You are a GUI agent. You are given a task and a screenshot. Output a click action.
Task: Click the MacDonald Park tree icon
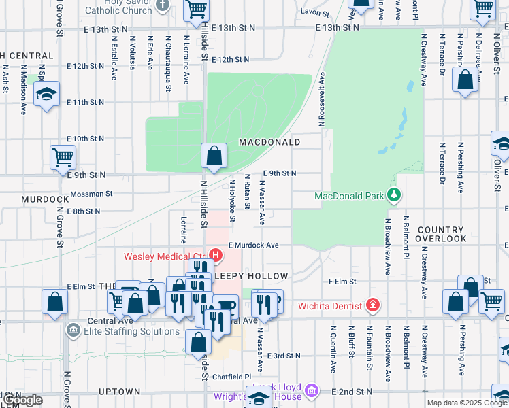[393, 196]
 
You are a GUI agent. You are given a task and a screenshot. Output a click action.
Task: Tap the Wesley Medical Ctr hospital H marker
[216, 256]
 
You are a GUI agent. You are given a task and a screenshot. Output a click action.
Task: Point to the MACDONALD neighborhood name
[269, 142]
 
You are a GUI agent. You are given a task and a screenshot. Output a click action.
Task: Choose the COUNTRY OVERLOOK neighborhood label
[442, 235]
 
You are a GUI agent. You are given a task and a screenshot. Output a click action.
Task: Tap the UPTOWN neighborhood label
[119, 392]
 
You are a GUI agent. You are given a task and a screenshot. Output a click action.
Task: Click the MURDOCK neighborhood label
[45, 199]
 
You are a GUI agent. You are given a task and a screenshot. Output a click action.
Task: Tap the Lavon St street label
[316, 13]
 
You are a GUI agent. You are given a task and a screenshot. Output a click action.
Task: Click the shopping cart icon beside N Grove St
[63, 157]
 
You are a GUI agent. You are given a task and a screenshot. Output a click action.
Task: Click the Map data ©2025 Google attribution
[467, 403]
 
